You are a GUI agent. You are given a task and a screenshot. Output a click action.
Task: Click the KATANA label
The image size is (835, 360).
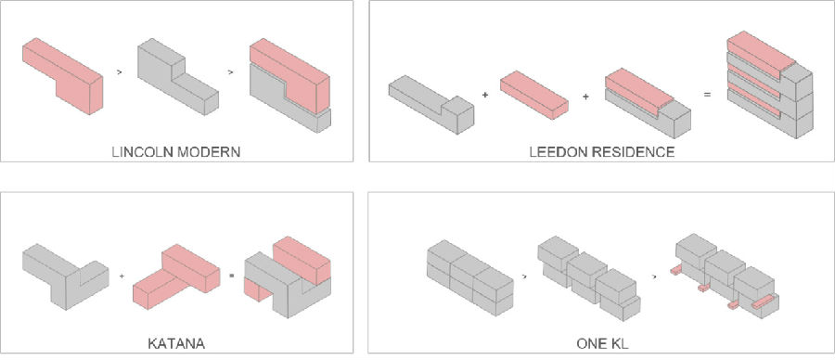[176, 343]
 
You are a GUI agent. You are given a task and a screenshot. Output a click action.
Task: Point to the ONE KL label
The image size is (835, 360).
[602, 343]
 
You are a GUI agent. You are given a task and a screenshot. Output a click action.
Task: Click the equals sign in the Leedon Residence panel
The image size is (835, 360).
[707, 96]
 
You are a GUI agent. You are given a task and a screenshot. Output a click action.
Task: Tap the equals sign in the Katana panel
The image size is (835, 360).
[232, 276]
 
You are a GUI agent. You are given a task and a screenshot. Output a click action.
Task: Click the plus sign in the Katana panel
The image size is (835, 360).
[122, 276]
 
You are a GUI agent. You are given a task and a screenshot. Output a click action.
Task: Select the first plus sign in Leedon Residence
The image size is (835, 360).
[484, 96]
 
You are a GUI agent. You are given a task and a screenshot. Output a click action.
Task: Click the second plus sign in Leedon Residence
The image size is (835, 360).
[585, 96]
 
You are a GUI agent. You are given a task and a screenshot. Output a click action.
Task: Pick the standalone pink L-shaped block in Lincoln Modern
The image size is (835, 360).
[62, 76]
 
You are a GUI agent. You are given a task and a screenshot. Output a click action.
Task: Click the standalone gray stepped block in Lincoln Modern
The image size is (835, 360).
[177, 76]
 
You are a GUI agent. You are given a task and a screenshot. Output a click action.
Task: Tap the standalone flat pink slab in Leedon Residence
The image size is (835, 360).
[534, 95]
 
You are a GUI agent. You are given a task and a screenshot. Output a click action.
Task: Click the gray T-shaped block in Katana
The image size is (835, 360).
[66, 276]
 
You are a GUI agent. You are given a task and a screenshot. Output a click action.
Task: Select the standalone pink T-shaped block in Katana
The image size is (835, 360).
[176, 276]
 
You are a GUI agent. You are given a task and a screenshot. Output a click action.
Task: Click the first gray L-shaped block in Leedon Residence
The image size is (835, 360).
[431, 104]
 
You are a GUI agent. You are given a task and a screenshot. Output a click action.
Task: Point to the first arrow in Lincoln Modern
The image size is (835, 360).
[119, 71]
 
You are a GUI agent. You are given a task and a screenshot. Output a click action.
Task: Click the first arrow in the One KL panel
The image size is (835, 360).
[525, 276]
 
